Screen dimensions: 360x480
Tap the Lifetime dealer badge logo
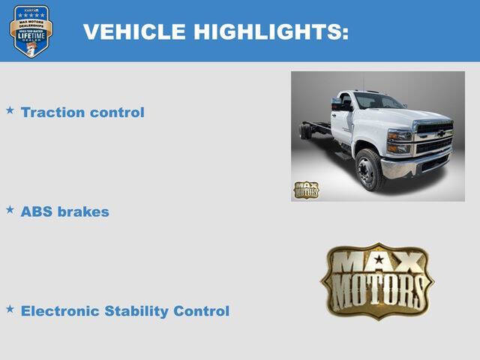coord(31,31)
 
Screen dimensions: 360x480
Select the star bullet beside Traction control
coord(10,110)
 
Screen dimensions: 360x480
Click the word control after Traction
coord(116,112)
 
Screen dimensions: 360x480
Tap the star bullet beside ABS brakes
coord(10,209)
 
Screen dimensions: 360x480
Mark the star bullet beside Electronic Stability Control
coord(10,308)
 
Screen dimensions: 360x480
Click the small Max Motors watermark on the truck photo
coord(306,190)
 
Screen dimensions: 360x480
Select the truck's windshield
coord(379,102)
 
